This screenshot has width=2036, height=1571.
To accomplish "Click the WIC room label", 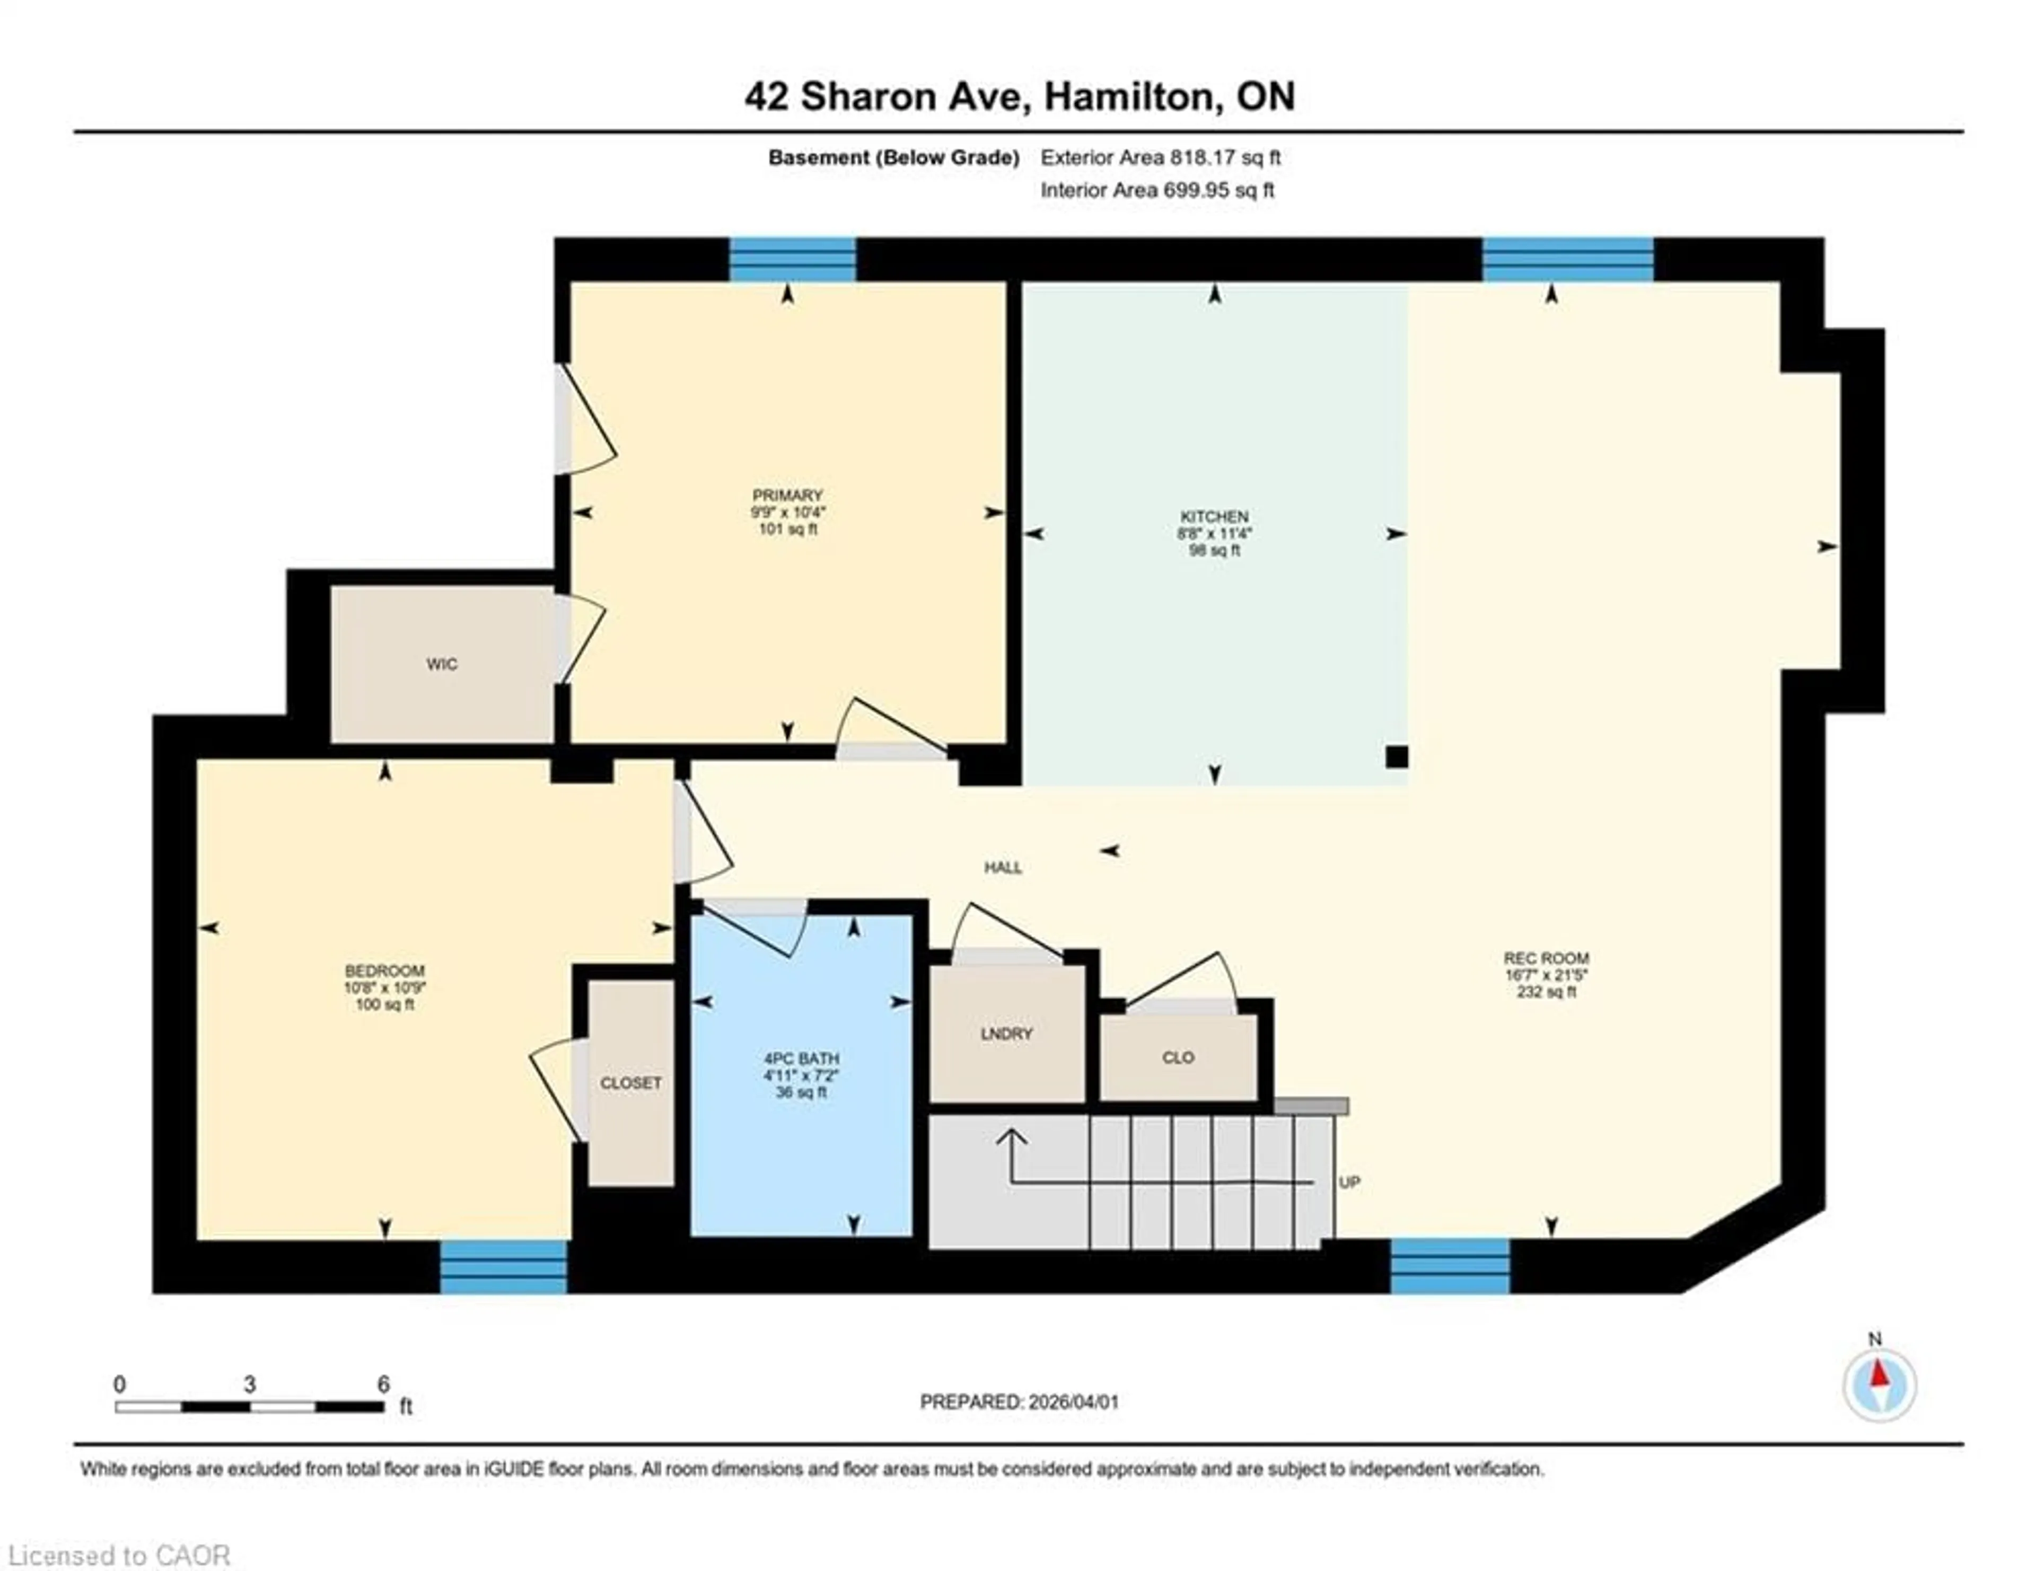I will pyautogui.click(x=441, y=664).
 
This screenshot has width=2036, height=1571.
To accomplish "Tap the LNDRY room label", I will pyautogui.click(x=1007, y=1034).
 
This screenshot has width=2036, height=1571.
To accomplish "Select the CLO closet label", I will pyautogui.click(x=1178, y=1057).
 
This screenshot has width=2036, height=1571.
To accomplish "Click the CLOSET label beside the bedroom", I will pyautogui.click(x=631, y=1083).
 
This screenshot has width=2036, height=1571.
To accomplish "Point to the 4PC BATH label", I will pyautogui.click(x=801, y=1058).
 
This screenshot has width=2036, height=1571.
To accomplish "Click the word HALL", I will pyautogui.click(x=1003, y=868).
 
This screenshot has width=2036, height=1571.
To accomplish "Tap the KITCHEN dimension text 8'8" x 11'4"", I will pyautogui.click(x=1214, y=534).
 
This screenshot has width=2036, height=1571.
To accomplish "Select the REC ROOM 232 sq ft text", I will pyautogui.click(x=1546, y=992).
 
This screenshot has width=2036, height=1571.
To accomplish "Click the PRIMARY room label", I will pyautogui.click(x=788, y=495).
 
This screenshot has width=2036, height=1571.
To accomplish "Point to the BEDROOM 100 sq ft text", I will pyautogui.click(x=385, y=1004).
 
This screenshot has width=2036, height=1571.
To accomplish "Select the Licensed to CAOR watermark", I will pyautogui.click(x=118, y=1555).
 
